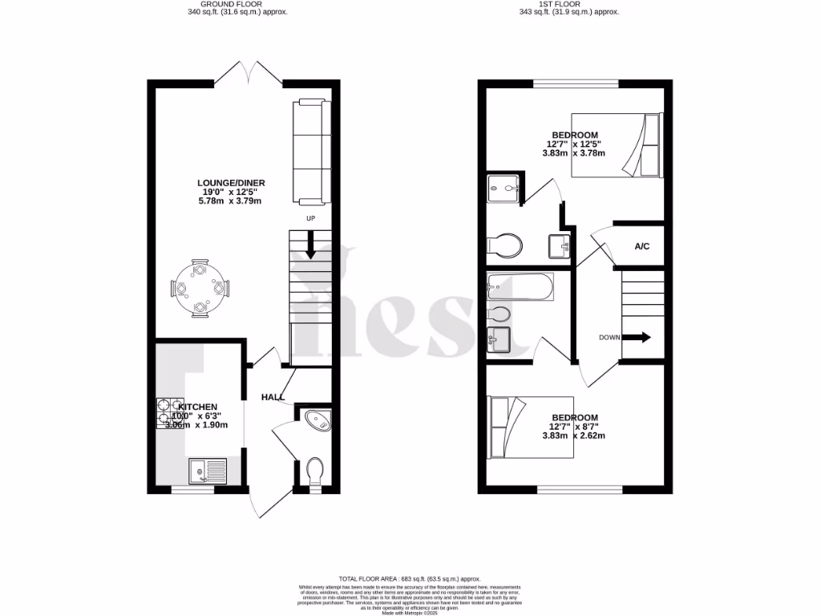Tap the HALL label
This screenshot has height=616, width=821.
273,396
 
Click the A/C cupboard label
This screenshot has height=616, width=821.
642,246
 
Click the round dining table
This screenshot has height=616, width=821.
200,287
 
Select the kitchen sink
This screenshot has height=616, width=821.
207,471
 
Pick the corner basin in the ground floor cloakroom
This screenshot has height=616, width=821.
317,420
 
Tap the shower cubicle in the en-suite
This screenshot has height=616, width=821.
503,188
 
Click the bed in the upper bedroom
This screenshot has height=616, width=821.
617,145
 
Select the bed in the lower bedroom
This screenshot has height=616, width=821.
531,427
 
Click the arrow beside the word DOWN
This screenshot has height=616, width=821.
637,338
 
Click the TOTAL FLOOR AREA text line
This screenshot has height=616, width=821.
409,578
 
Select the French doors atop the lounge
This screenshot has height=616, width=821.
250,75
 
